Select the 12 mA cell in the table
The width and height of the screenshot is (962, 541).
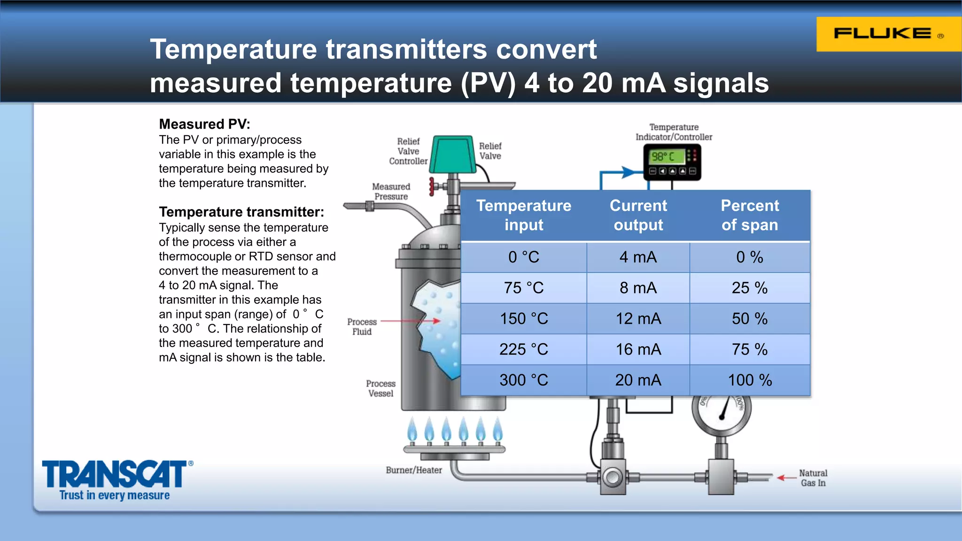(x=638, y=319)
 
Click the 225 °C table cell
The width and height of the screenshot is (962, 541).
(x=523, y=349)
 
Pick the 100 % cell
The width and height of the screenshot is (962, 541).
(x=750, y=380)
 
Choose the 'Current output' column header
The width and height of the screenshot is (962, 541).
(x=638, y=215)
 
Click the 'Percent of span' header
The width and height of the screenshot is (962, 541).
(x=750, y=215)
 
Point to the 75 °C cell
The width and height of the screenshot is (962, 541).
(x=523, y=288)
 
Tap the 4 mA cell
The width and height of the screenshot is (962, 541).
(x=638, y=257)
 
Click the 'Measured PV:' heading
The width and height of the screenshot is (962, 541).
(x=204, y=124)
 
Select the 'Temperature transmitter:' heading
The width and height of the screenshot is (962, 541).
(x=241, y=212)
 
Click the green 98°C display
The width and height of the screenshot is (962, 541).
(x=667, y=156)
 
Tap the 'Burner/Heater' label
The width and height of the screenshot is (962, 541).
(x=414, y=470)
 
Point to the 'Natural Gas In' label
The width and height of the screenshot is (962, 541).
(x=813, y=478)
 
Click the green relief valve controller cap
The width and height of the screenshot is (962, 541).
(x=453, y=154)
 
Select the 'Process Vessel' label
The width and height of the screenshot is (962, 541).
(x=380, y=388)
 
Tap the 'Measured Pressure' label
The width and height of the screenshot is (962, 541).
(x=391, y=192)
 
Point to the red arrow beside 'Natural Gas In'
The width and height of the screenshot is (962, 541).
(x=786, y=478)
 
